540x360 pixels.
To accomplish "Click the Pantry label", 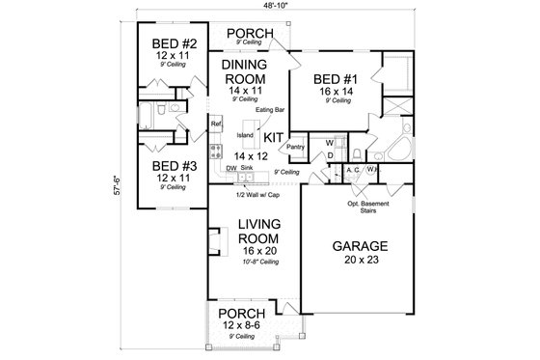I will pos(296,147).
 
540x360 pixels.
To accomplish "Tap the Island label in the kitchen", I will pos(245,135).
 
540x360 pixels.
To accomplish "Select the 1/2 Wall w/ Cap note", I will pos(256,195).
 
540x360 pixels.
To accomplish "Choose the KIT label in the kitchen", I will pos(273,137).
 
